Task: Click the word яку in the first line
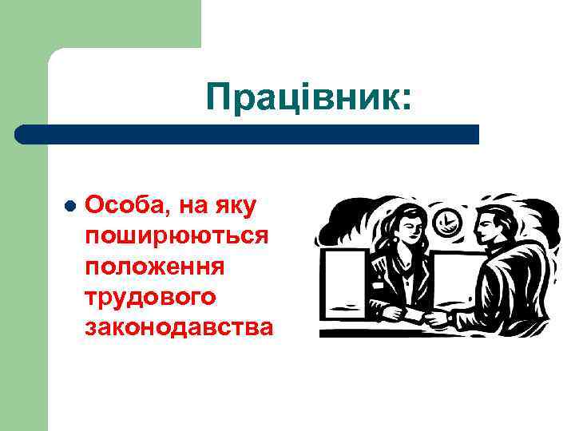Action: pyautogui.click(x=236, y=206)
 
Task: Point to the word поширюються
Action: pyautogui.click(x=177, y=236)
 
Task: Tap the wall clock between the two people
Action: pyautogui.click(x=449, y=222)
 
